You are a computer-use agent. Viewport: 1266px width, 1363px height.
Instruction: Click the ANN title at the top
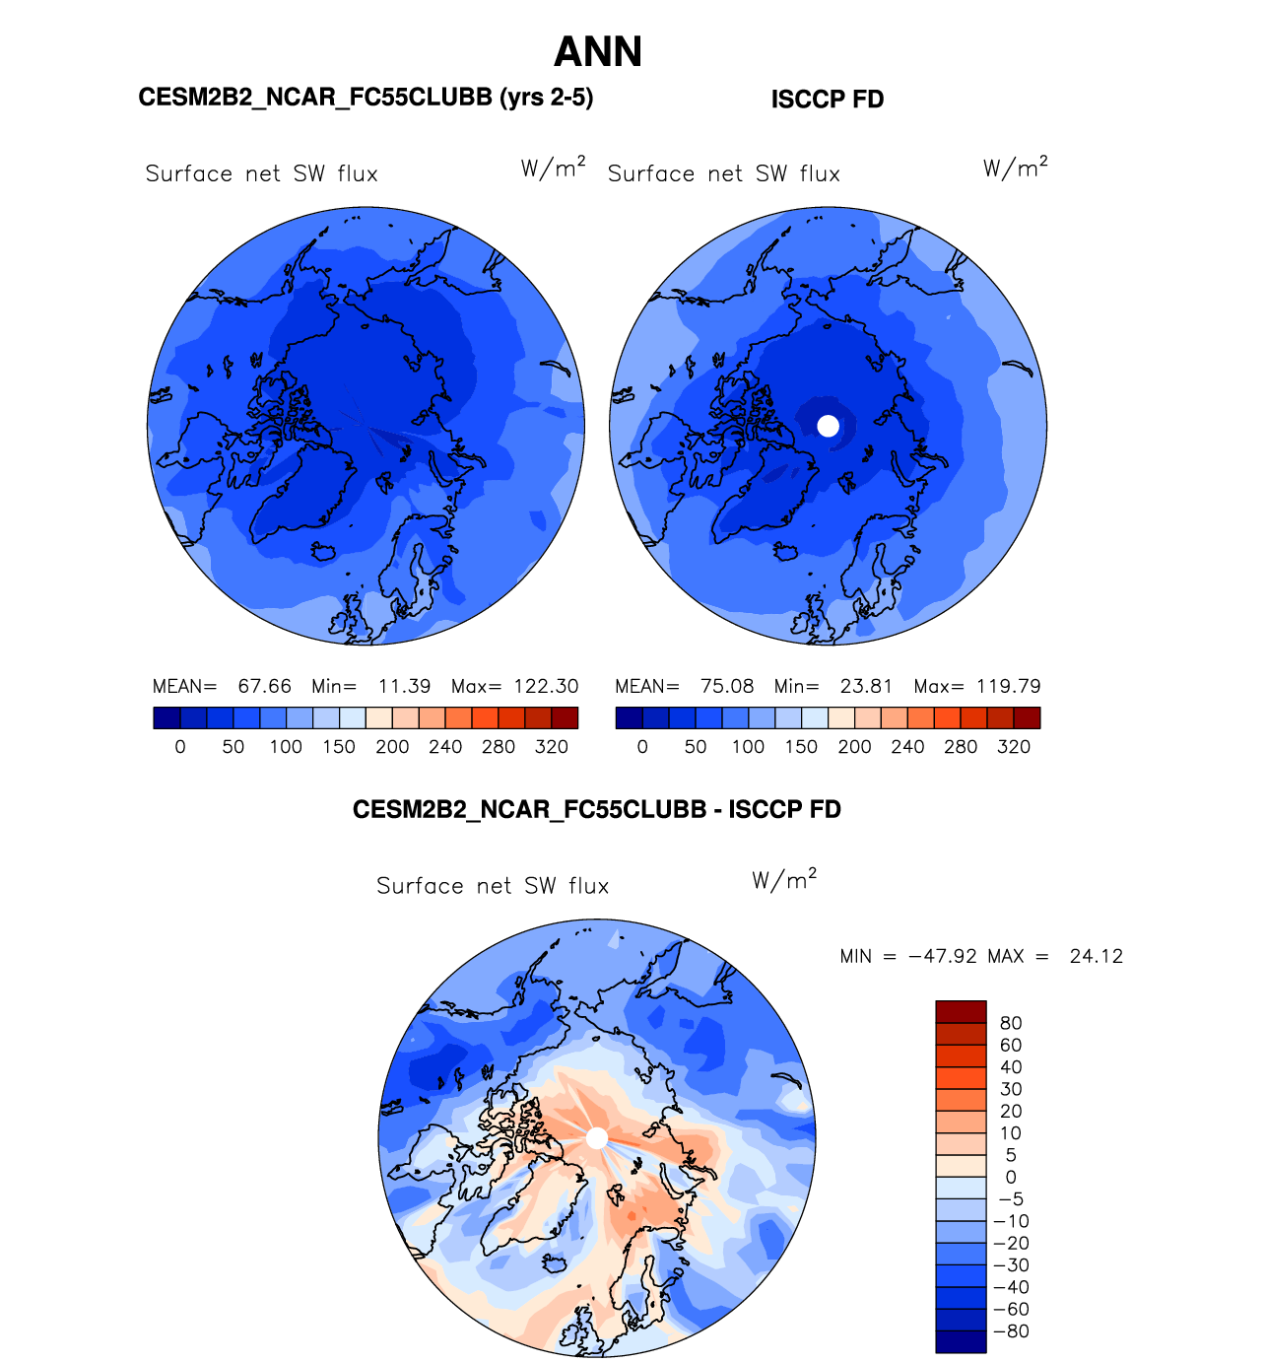point(598,52)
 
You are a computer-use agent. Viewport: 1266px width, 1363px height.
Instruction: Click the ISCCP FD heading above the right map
point(827,100)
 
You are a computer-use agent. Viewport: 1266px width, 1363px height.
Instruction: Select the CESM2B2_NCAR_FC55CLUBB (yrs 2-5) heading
point(366,98)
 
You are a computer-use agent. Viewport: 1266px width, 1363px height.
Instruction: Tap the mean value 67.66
point(264,686)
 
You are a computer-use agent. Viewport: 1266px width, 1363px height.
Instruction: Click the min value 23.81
point(866,686)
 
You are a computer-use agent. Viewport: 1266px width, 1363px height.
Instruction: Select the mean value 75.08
point(727,686)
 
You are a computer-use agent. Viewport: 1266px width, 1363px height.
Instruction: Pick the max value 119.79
point(1008,686)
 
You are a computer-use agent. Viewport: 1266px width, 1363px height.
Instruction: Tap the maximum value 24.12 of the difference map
point(1096,956)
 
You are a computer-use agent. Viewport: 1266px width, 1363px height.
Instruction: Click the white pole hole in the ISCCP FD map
point(829,426)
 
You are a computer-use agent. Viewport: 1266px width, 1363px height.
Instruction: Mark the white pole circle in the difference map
point(597,1138)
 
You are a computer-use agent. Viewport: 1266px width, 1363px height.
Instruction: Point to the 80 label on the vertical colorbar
point(1011,1023)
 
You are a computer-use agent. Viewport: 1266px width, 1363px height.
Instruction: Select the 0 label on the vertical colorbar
point(1011,1177)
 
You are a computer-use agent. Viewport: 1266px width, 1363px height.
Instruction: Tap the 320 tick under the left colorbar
point(552,747)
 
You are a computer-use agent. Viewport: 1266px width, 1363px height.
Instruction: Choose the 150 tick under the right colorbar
point(801,747)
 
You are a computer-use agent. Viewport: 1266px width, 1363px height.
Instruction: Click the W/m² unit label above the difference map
point(784,880)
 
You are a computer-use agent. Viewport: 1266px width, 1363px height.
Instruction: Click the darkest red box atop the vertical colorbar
point(961,1012)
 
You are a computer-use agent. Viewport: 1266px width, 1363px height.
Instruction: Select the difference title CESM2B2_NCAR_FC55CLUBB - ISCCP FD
point(597,810)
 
